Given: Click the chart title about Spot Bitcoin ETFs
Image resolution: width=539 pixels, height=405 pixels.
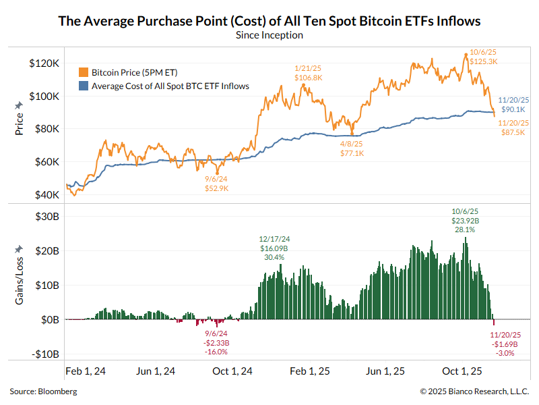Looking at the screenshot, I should [x=269, y=21].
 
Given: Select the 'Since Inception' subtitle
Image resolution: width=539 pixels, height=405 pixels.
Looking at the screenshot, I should [x=269, y=35].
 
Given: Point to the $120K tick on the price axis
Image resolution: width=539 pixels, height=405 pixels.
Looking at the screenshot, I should [x=46, y=63].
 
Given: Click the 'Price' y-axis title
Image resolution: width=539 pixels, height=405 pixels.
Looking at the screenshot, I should [x=19, y=123].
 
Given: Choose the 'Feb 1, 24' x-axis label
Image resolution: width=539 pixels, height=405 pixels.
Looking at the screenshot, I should [x=85, y=371].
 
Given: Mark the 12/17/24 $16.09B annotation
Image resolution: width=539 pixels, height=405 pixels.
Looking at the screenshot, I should [x=274, y=248].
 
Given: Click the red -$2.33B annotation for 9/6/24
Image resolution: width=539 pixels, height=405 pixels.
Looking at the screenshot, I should [x=216, y=342].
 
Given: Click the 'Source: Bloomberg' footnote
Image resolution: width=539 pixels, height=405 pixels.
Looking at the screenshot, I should [x=43, y=391].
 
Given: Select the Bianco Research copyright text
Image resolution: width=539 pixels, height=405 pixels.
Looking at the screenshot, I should [x=474, y=391].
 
